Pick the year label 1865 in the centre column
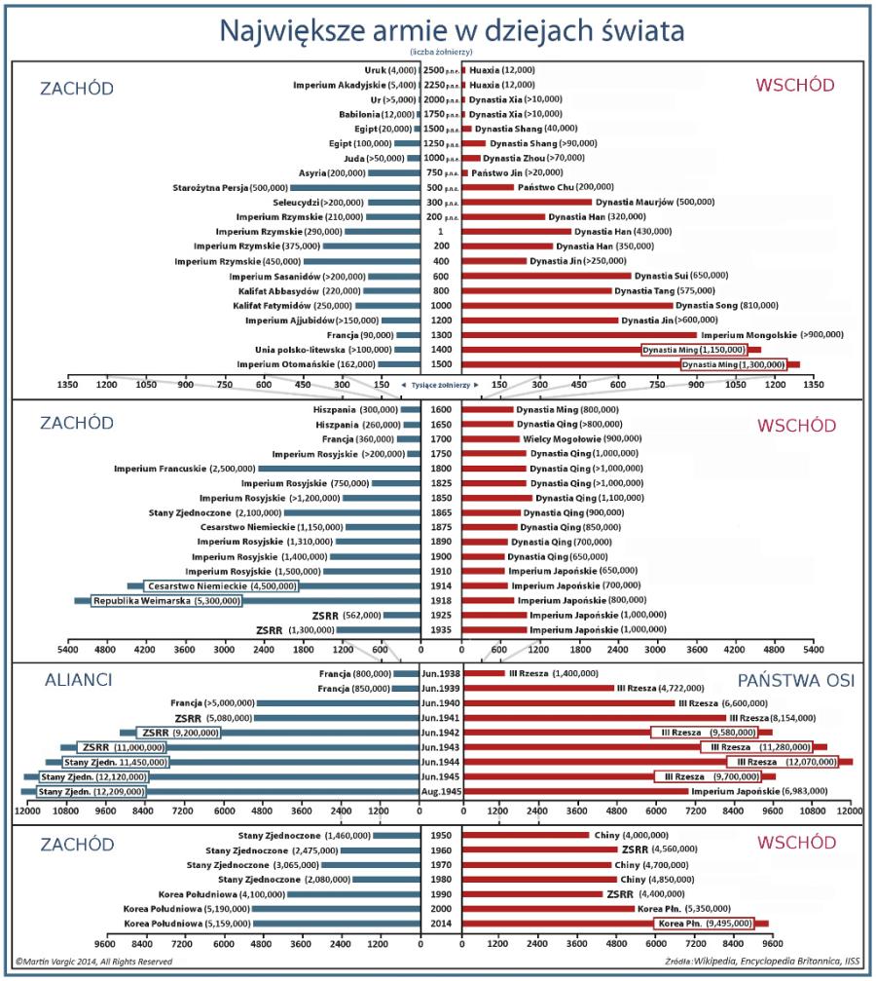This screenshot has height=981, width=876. coord(440,512)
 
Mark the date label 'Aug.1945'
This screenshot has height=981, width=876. coord(440,792)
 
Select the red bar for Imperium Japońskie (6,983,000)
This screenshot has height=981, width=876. coord(574,792)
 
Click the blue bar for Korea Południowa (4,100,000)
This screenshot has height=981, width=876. coord(353,894)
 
